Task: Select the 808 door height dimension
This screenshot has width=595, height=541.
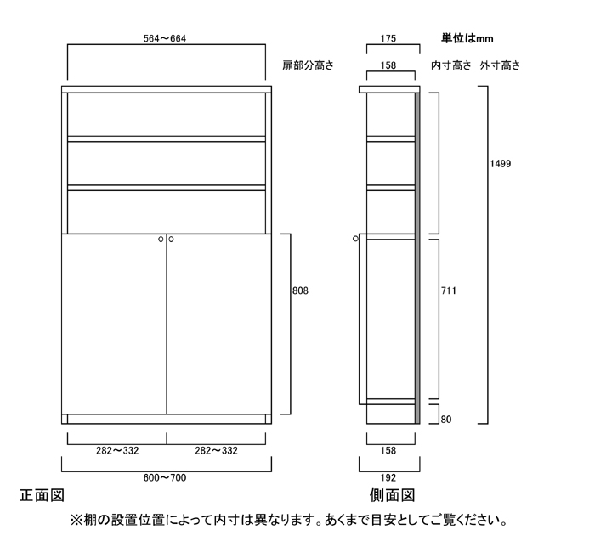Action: (x=300, y=290)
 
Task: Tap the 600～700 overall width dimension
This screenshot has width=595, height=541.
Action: (x=166, y=477)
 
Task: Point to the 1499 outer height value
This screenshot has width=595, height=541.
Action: (x=501, y=164)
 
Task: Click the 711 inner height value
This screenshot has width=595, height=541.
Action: (x=450, y=290)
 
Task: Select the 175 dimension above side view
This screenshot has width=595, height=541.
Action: (x=388, y=37)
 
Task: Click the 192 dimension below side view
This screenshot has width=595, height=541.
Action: (x=388, y=477)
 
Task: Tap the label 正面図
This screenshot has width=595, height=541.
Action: (x=41, y=494)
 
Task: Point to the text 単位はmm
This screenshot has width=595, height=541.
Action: (x=467, y=37)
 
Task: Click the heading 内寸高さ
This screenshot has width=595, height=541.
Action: (x=450, y=65)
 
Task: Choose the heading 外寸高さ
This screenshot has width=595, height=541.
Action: (x=500, y=65)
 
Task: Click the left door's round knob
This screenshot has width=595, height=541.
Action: (x=161, y=240)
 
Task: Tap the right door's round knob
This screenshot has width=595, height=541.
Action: (x=171, y=240)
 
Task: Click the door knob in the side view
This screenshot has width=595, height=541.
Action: (x=356, y=240)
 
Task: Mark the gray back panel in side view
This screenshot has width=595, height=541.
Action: (x=417, y=255)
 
